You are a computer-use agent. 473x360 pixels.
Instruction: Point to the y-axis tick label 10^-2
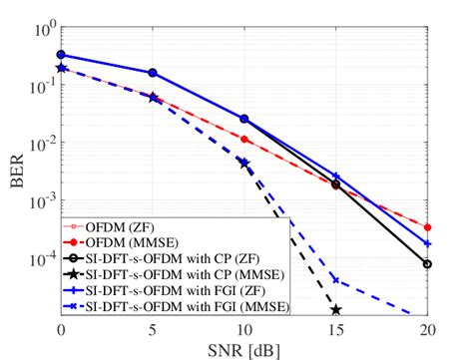click(40, 145)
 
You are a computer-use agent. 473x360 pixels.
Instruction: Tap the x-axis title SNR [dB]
click(244, 349)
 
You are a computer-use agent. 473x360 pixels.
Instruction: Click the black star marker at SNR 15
click(336, 310)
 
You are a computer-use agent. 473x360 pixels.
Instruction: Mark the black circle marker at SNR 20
click(427, 264)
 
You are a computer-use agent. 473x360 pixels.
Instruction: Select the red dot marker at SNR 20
click(427, 227)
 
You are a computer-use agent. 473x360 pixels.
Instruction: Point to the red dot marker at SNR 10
click(244, 140)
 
